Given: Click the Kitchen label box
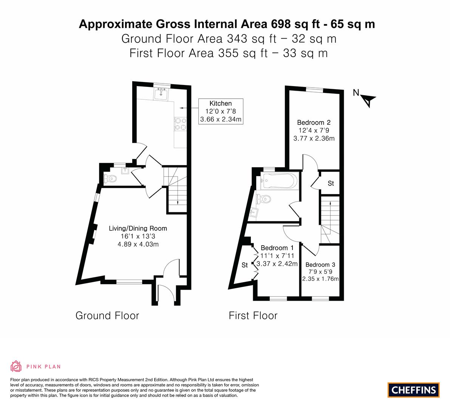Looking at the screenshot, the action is (x=221, y=111).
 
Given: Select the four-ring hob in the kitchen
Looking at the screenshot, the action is (x=181, y=124).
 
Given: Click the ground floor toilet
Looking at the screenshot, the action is (x=110, y=179).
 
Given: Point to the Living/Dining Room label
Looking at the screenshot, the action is (x=138, y=229).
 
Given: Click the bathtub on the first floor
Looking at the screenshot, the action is (x=279, y=181).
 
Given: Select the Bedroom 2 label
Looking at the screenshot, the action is (x=314, y=122).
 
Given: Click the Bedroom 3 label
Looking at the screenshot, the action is (x=320, y=264).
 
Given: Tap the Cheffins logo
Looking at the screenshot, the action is (x=414, y=390).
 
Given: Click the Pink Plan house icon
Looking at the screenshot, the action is (x=16, y=366).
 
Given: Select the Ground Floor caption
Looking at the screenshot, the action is (x=107, y=315).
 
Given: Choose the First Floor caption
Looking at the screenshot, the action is (x=253, y=315).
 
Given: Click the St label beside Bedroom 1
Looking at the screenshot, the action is (x=244, y=265).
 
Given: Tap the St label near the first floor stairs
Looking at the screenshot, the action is (x=331, y=183).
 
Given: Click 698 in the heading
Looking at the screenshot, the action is (x=281, y=24).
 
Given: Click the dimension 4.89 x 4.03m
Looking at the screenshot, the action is (x=138, y=244).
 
